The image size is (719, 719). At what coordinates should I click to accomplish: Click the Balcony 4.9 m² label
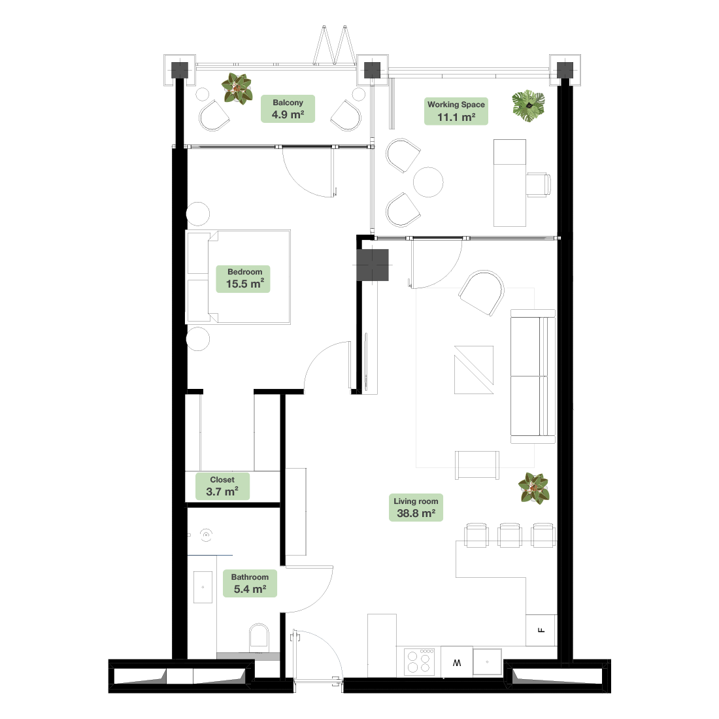(288, 109)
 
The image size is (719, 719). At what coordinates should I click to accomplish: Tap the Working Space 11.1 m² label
(456, 111)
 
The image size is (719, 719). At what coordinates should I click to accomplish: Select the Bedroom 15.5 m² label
(243, 278)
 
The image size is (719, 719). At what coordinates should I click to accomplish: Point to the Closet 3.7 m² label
(222, 486)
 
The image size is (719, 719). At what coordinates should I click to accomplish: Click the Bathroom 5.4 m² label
(250, 583)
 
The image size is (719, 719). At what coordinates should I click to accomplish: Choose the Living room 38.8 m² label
(416, 508)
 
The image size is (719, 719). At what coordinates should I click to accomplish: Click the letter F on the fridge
(542, 630)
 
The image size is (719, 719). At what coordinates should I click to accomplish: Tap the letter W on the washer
(457, 663)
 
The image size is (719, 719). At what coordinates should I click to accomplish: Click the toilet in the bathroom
(259, 637)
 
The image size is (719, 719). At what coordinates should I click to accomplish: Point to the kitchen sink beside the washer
(487, 661)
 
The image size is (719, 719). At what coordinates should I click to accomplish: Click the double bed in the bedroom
(238, 277)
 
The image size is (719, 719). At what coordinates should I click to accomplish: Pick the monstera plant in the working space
(529, 106)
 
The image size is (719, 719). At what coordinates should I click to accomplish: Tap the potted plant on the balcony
(237, 88)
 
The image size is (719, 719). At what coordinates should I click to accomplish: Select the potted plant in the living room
(534, 488)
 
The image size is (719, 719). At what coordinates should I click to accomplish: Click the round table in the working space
(428, 182)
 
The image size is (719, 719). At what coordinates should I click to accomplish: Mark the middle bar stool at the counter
(509, 535)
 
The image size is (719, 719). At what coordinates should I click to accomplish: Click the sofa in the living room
(533, 376)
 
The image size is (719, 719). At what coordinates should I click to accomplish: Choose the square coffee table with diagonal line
(474, 369)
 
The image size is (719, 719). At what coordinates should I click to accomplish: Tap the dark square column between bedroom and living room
(373, 265)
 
